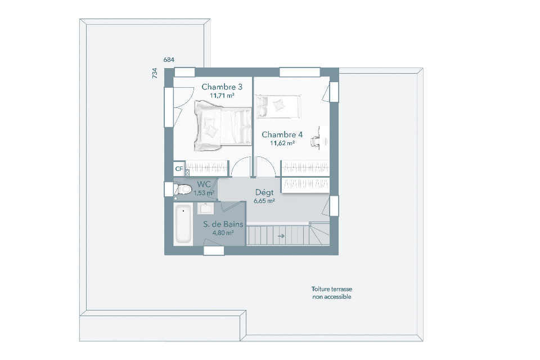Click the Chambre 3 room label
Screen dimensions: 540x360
[x=222, y=87]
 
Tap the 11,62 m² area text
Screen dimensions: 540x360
[x=282, y=143]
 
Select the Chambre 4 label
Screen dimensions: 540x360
[x=282, y=134]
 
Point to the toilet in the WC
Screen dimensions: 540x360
[x=182, y=189]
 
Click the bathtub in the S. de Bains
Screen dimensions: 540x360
[x=183, y=224]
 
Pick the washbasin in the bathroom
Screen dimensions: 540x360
[x=206, y=209]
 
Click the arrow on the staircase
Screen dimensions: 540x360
[x=281, y=236]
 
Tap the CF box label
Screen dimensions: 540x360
[x=179, y=169]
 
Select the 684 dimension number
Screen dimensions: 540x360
[x=169, y=60]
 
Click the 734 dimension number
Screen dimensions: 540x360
[x=155, y=73]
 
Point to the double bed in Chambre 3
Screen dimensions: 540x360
[x=223, y=126]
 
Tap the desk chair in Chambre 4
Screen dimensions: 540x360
[x=316, y=141]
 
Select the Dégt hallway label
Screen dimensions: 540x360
[x=264, y=192]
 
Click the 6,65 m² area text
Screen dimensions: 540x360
[x=264, y=201]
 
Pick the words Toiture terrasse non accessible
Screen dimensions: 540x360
[x=332, y=293]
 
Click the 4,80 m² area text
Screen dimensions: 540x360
[x=223, y=232]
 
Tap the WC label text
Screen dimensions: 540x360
[x=204, y=184]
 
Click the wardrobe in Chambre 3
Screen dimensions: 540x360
[x=206, y=168]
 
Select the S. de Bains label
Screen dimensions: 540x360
[x=223, y=224]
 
